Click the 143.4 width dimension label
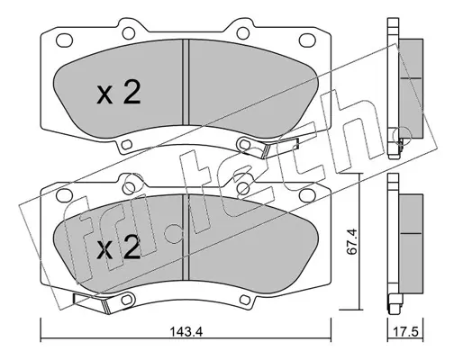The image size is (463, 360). [x=186, y=332]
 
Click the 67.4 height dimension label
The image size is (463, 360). [x=351, y=242]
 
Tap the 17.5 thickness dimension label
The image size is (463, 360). [x=405, y=332]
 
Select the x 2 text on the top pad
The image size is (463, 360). [x=119, y=93]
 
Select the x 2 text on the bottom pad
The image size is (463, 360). [x=119, y=247]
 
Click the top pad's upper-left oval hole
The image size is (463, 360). [x=64, y=40]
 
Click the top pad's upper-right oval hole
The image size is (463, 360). [x=307, y=40]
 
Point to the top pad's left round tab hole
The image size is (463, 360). [x=129, y=32]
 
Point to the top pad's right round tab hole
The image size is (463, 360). [x=243, y=32]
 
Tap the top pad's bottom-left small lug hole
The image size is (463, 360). [x=127, y=145]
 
